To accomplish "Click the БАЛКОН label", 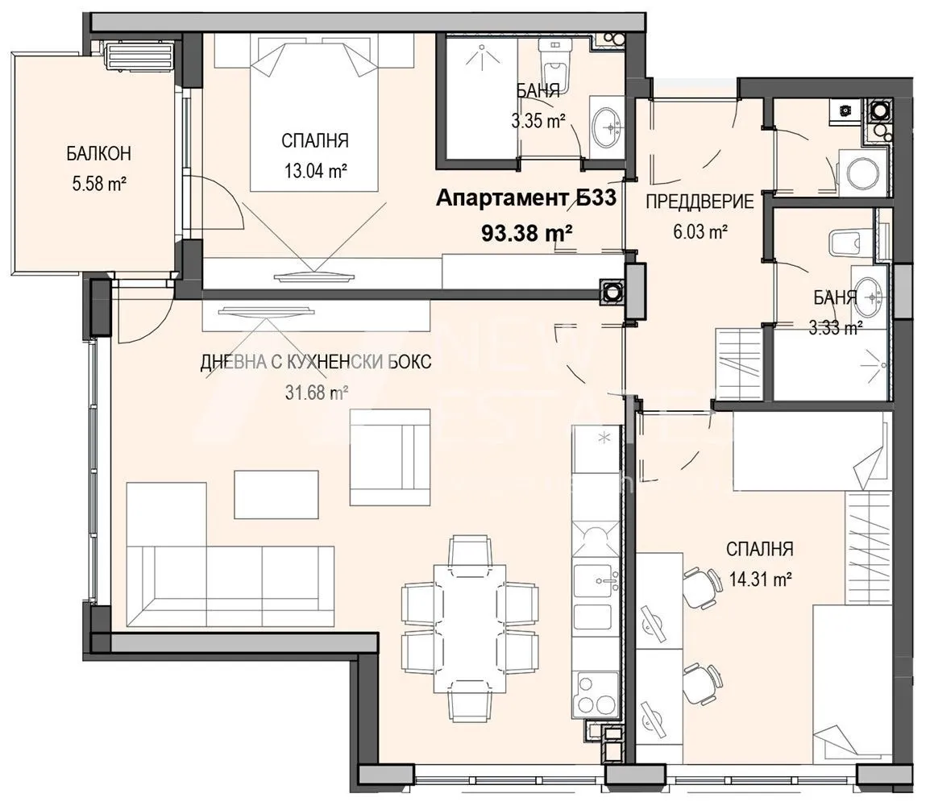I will pyautogui.click(x=99, y=153).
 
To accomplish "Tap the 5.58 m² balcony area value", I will pyautogui.click(x=99, y=184).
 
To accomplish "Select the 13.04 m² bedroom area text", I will pyautogui.click(x=315, y=170).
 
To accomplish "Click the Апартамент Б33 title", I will pyautogui.click(x=525, y=199).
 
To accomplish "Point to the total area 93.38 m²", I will pyautogui.click(x=526, y=233).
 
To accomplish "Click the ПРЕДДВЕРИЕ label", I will pyautogui.click(x=700, y=201).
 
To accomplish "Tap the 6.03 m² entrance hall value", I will pyautogui.click(x=699, y=232).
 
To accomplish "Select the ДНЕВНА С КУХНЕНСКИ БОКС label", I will pyautogui.click(x=315, y=363).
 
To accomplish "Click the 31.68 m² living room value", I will pyautogui.click(x=315, y=393).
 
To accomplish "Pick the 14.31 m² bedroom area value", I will pyautogui.click(x=759, y=579).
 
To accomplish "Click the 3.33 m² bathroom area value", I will pyautogui.click(x=836, y=326).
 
